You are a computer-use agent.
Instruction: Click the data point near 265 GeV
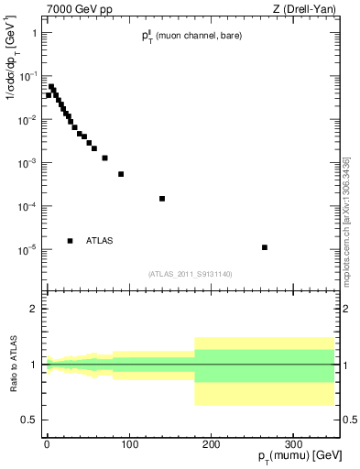[264, 247]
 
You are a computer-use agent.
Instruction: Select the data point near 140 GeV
[162, 199]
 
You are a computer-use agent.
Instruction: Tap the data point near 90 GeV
[121, 174]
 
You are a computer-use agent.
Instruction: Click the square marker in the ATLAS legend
[70, 241]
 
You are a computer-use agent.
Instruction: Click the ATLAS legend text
[100, 241]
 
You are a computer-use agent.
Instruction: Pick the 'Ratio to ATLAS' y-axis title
[14, 363]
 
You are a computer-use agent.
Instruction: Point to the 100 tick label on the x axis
[128, 444]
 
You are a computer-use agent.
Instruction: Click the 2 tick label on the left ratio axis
[33, 309]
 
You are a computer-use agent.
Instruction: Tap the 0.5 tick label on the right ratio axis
[350, 420]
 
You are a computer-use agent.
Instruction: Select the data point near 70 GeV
[104, 158]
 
